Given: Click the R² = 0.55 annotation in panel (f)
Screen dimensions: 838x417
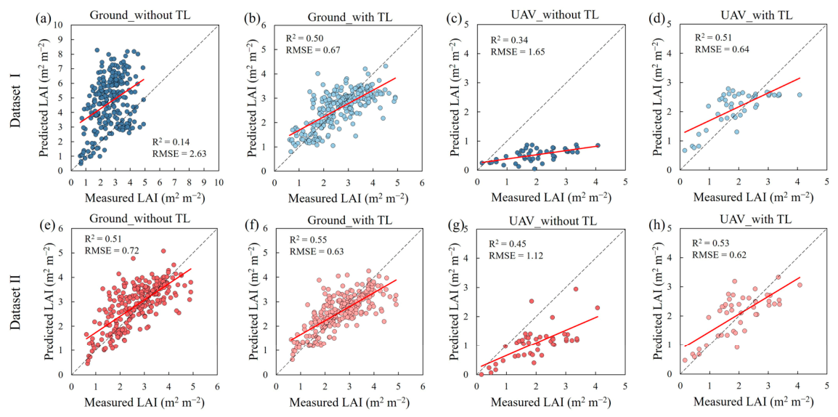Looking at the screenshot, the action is pos(306,240).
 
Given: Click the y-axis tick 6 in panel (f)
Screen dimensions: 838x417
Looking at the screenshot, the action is pos(267,230).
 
